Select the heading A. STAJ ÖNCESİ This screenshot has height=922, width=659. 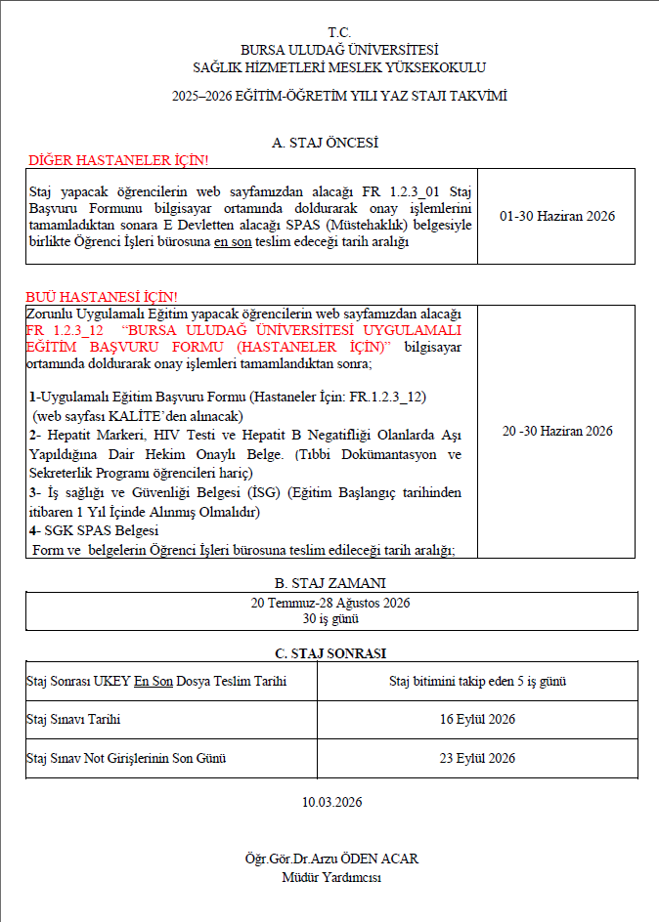tap(326, 143)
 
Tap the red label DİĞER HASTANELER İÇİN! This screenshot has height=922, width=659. tap(117, 159)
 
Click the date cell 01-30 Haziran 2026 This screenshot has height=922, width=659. tap(556, 216)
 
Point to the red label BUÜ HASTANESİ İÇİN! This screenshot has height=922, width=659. tap(102, 296)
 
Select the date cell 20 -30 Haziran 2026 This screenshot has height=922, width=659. tap(556, 431)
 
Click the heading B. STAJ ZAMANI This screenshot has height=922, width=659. tap(330, 583)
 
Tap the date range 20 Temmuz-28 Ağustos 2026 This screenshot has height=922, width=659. tap(330, 603)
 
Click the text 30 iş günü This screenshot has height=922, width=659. tap(330, 618)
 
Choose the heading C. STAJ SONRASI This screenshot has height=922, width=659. tap(330, 653)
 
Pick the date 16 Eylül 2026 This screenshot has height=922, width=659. tap(477, 720)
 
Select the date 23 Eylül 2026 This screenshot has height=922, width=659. tap(477, 759)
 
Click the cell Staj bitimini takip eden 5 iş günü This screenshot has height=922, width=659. tap(477, 681)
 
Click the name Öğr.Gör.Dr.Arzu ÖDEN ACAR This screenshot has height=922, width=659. tap(331, 859)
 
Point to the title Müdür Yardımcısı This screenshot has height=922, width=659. tap(331, 876)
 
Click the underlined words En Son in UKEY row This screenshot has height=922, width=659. tap(154, 681)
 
